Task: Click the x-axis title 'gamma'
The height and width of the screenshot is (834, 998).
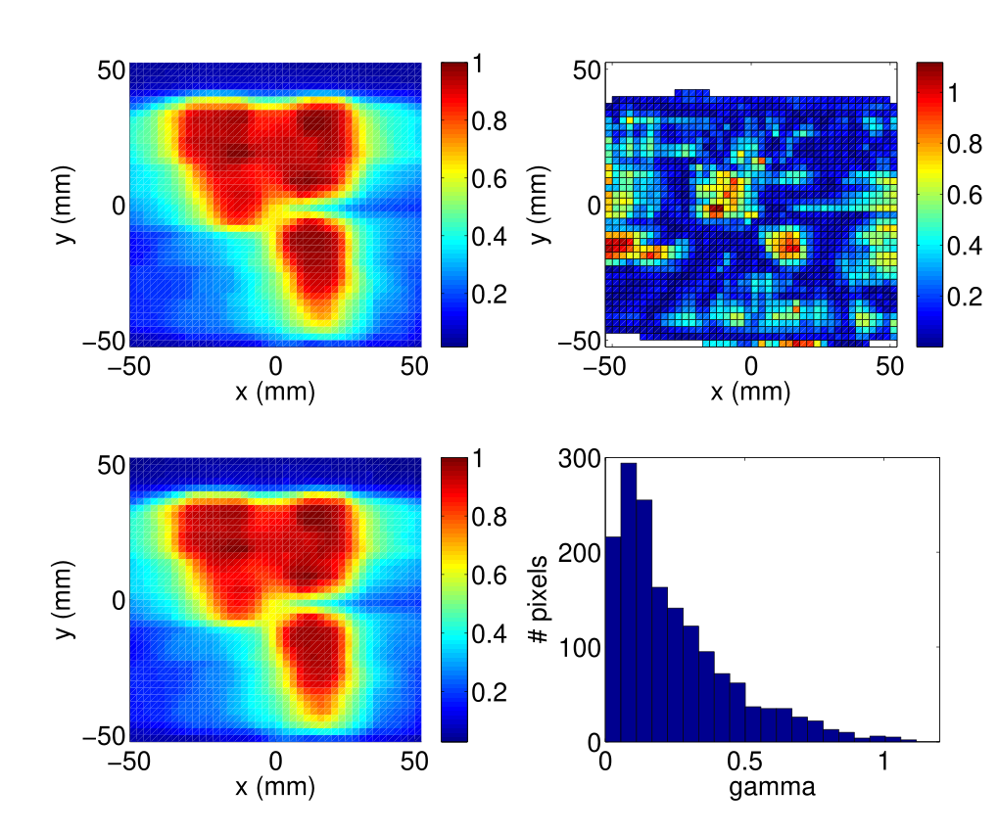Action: (772, 786)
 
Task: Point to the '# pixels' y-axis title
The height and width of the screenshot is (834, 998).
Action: (538, 599)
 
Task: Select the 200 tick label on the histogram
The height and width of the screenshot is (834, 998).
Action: (578, 553)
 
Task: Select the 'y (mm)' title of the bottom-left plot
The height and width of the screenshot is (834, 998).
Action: (65, 599)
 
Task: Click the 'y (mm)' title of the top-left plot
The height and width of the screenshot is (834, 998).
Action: (65, 205)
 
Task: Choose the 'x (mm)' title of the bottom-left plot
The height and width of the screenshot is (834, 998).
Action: (275, 786)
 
